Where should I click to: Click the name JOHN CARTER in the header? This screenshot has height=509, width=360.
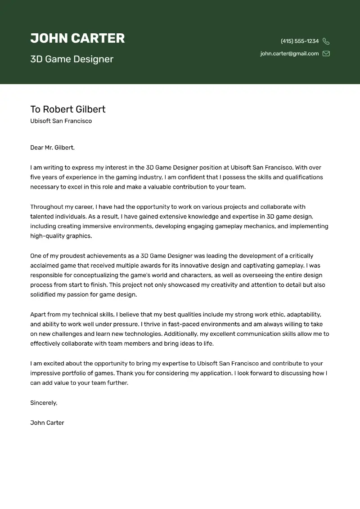tap(77, 38)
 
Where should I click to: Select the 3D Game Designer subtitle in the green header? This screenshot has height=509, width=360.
tap(72, 59)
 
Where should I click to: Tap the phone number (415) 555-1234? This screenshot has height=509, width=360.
tap(300, 41)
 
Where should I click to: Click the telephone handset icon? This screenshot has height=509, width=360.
tap(326, 41)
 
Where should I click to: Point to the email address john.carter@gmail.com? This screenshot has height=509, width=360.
tap(289, 54)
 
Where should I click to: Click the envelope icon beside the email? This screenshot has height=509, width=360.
tap(326, 54)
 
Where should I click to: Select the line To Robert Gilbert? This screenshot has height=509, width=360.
tap(68, 109)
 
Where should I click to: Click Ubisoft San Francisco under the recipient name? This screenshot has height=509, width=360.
tap(61, 121)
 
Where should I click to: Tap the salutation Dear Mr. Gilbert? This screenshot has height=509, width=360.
tap(52, 148)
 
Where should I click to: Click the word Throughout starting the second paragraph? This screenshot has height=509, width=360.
tap(46, 207)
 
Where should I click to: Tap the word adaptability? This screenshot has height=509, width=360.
tap(304, 315)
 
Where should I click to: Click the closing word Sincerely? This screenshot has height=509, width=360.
tap(44, 403)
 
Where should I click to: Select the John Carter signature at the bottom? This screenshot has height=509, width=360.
tap(47, 423)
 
